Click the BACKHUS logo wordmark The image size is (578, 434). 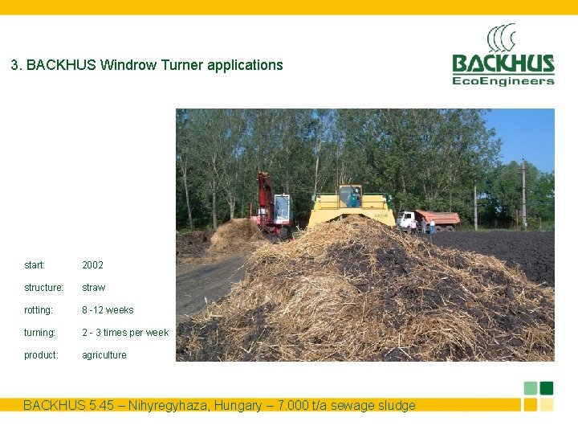503,63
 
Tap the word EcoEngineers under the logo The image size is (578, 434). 503,80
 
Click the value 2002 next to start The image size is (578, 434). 92,265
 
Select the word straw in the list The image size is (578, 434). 93,288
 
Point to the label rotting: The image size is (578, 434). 39,310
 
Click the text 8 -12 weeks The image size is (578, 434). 108,310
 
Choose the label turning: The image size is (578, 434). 39,333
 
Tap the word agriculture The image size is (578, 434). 104,355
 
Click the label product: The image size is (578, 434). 41,355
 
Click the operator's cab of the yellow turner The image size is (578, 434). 350,196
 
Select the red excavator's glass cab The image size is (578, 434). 282,207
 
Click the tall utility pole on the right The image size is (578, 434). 523,193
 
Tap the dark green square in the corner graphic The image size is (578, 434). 547,387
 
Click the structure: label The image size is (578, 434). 43,288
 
